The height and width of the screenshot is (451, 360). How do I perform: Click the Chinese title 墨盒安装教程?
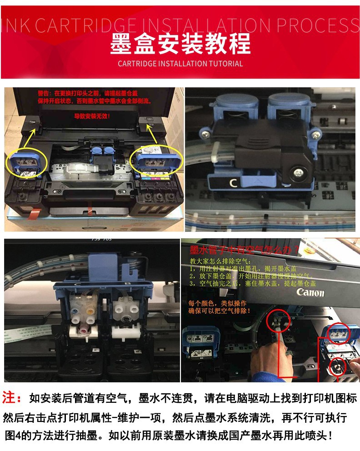pyautogui.click(x=180, y=45)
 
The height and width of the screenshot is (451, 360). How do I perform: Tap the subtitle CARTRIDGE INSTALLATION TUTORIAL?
pyautogui.click(x=180, y=64)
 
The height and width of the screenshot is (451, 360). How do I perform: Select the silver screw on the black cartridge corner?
pyautogui.click(x=298, y=173)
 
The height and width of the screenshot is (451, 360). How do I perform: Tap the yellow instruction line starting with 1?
pyautogui.click(x=241, y=268)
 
